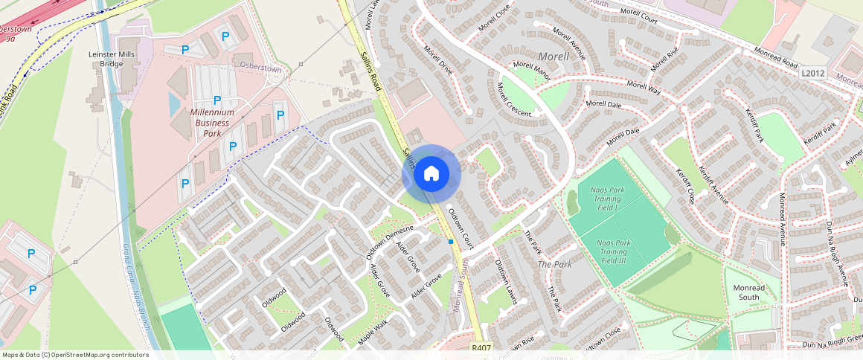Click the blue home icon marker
click(x=431, y=174)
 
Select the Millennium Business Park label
click(x=212, y=123)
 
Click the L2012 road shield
click(x=814, y=74)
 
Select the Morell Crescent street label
click(x=514, y=100)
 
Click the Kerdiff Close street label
click(x=685, y=184)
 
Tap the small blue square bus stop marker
click(x=451, y=242)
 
